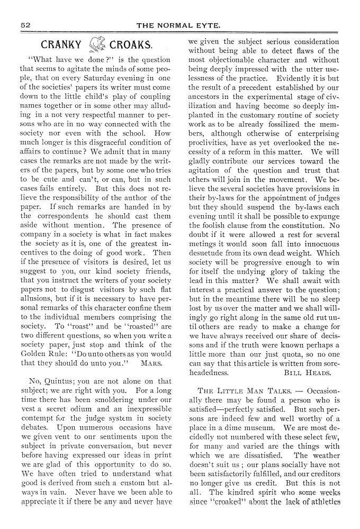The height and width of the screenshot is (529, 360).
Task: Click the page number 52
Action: click(x=25, y=25)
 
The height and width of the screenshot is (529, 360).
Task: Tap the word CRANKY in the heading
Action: click(x=61, y=45)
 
